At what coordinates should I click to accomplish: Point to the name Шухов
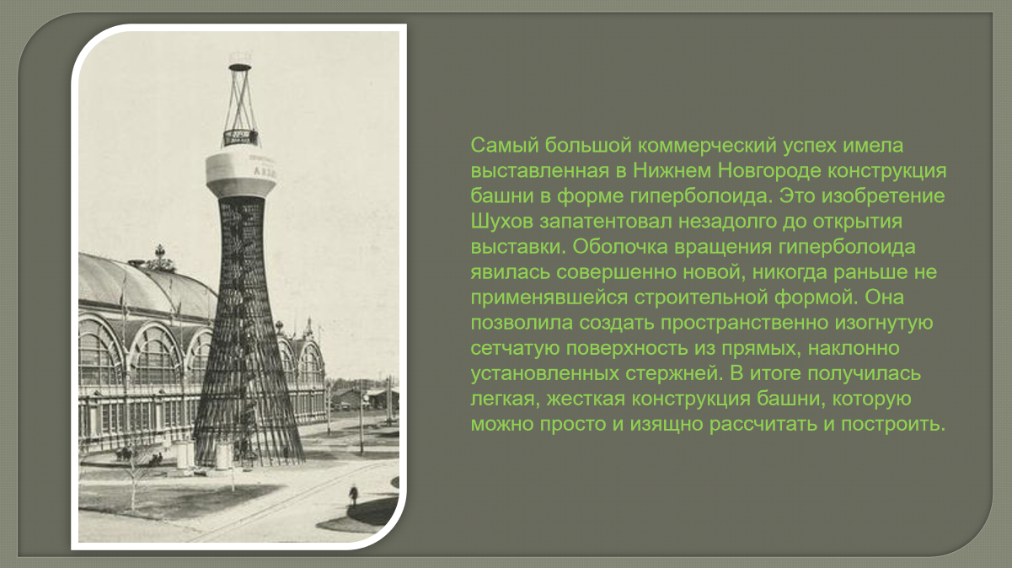click(x=501, y=222)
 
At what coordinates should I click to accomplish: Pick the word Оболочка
click(x=620, y=247)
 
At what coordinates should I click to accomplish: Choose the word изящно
click(x=667, y=424)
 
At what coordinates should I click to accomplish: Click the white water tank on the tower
click(x=241, y=174)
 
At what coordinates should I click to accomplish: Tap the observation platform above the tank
click(x=241, y=137)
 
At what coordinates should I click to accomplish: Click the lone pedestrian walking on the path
click(x=353, y=496)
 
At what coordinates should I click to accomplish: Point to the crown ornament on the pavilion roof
click(x=159, y=259)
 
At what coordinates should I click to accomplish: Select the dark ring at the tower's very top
click(x=240, y=67)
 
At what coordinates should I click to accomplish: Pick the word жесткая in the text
click(x=584, y=399)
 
